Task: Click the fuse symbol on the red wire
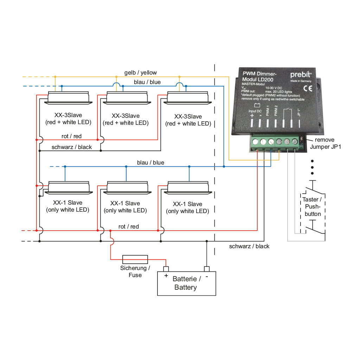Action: [x=135, y=259]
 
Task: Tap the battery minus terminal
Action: [x=207, y=269]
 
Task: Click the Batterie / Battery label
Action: [x=186, y=283]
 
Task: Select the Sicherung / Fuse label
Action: [x=135, y=271]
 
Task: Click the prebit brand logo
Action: [x=301, y=75]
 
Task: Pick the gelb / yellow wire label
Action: [x=141, y=73]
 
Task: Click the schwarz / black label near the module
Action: [x=249, y=246]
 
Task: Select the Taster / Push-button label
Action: [x=312, y=207]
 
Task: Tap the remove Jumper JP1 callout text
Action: [x=325, y=143]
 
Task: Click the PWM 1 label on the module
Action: [x=268, y=111]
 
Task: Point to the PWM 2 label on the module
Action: [x=276, y=111]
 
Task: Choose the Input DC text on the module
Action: [x=255, y=111]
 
